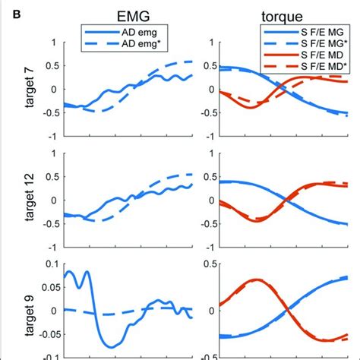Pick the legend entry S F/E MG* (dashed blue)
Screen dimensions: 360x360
pos(302,46)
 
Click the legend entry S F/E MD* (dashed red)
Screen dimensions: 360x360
pos(302,68)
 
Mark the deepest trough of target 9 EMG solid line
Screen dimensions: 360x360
pos(112,346)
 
